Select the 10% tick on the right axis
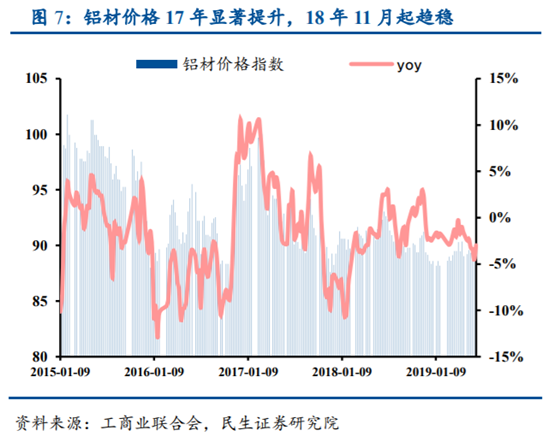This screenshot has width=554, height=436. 502,125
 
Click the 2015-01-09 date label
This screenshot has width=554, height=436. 61,373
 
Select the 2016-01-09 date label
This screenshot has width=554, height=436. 155,373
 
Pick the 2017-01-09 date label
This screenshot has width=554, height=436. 249,373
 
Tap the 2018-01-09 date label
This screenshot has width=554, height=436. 343,373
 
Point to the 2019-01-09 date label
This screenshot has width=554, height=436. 437,373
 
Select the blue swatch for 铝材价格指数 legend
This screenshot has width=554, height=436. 158,65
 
